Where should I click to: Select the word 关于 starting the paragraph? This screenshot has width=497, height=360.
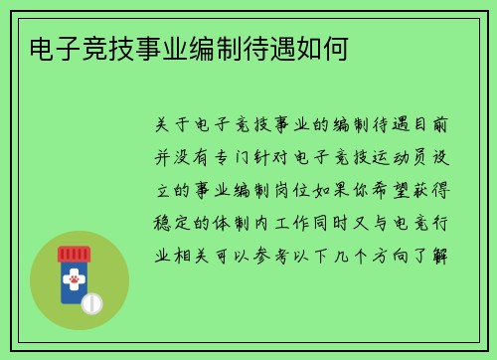[x=169, y=126]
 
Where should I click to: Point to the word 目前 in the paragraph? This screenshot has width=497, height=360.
[x=431, y=126]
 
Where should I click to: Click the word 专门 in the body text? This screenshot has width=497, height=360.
[x=249, y=157]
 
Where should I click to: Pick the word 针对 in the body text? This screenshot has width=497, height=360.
[x=295, y=157]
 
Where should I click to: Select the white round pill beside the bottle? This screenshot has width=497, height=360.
[x=92, y=301]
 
